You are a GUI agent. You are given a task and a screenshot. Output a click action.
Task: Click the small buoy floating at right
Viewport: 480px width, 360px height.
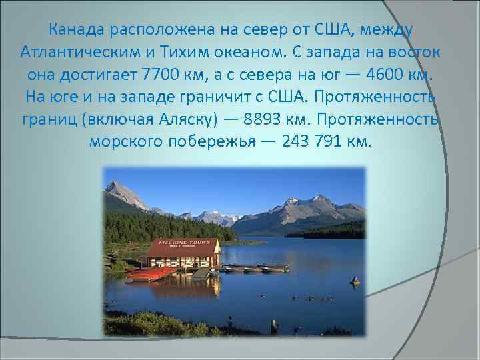(355, 282)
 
